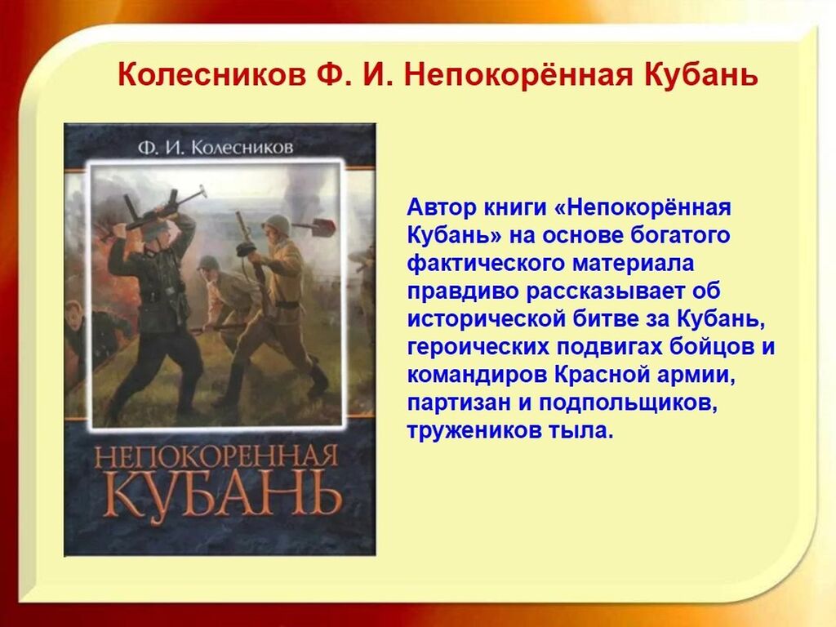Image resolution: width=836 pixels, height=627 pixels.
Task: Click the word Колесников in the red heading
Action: [211, 74]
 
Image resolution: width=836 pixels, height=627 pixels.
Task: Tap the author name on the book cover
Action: [216, 147]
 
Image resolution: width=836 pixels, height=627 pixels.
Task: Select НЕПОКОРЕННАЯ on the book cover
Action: [216, 457]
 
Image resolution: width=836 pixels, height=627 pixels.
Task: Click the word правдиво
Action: [464, 291]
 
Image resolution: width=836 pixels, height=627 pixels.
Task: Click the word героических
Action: [478, 346]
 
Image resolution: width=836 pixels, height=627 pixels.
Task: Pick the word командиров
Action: [477, 374]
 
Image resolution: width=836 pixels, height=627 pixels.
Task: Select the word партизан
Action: [458, 402]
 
